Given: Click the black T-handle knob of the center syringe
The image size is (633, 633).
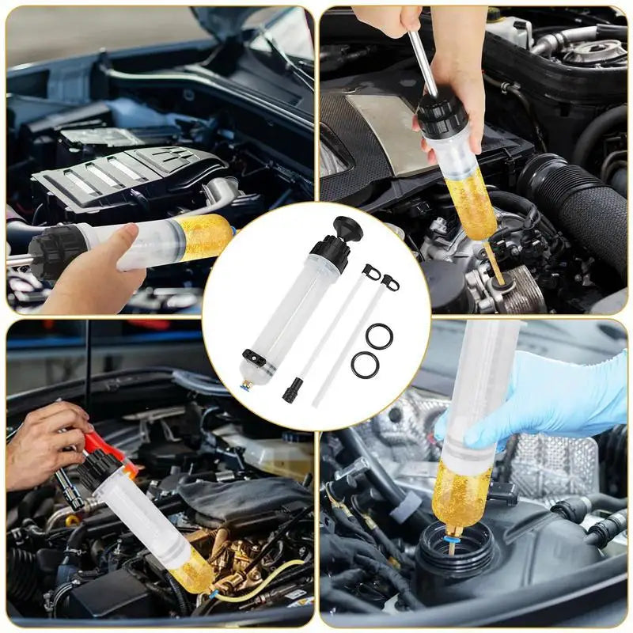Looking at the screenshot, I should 347,230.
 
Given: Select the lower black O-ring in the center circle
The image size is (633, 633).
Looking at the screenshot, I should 365,364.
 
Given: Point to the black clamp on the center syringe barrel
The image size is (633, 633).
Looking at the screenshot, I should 256,355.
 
